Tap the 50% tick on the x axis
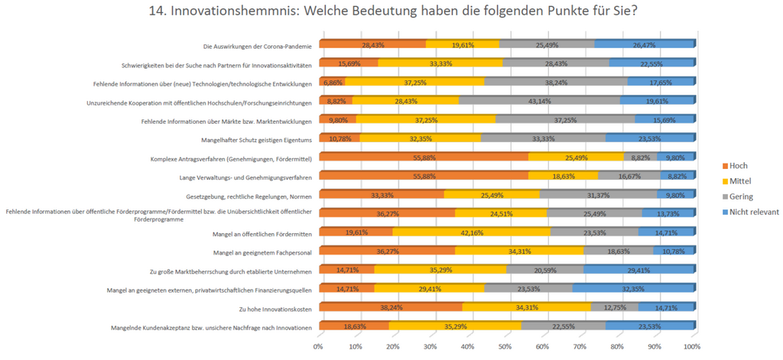pyautogui.click(x=505, y=346)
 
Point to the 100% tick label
pyautogui.click(x=692, y=346)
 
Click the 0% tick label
pyautogui.click(x=319, y=346)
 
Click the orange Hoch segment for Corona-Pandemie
pyautogui.click(x=372, y=44)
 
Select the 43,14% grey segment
pyautogui.click(x=539, y=101)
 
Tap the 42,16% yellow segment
pyautogui.click(x=471, y=232)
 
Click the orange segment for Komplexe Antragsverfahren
pyautogui.click(x=423, y=157)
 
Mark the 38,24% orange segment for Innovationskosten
pyautogui.click(x=390, y=308)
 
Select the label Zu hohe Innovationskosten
pyautogui.click(x=275, y=309)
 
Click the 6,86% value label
pyautogui.click(x=333, y=82)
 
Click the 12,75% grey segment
pyautogui.click(x=614, y=308)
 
